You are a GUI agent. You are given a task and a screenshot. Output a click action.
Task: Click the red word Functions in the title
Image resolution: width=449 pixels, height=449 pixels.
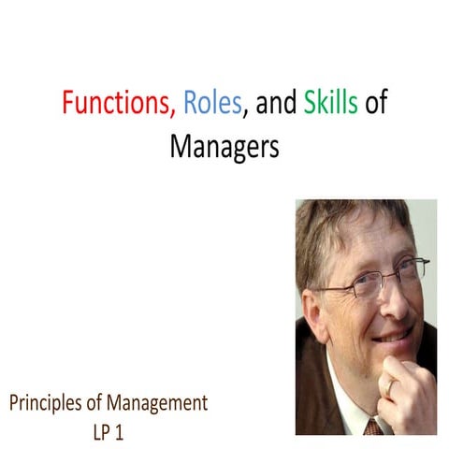point(118,104)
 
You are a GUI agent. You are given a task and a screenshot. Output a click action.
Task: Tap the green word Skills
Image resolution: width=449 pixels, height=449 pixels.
point(330,104)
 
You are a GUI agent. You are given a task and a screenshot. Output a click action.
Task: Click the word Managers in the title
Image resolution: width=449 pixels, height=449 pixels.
point(224,146)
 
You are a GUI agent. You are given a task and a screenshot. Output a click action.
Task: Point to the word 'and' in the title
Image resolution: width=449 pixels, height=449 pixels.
point(276,104)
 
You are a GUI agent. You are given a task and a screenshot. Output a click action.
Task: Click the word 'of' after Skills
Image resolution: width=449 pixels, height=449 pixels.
point(376,104)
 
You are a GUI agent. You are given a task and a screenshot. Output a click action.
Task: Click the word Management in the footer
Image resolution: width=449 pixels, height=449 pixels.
point(158,405)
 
